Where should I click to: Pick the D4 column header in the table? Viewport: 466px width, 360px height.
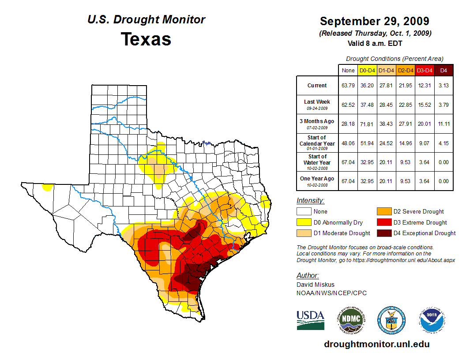tap(443, 71)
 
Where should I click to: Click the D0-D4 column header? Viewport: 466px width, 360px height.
tap(367, 71)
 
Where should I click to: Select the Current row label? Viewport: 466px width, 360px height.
tap(317, 86)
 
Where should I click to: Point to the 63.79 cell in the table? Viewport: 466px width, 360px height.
tap(348, 86)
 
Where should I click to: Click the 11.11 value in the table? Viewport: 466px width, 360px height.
tap(443, 124)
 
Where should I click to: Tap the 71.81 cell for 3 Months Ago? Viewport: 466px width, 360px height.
tap(367, 124)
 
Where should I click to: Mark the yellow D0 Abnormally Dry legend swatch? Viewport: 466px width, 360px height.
tap(304, 222)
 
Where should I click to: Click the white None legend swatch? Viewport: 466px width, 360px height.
tap(304, 212)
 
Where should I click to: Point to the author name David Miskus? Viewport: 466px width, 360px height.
tap(315, 285)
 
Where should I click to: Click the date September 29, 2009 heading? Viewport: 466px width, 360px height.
tap(374, 21)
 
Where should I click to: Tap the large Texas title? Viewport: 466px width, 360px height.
tap(146, 39)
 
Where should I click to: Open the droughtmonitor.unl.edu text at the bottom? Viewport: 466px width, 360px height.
tap(376, 344)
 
